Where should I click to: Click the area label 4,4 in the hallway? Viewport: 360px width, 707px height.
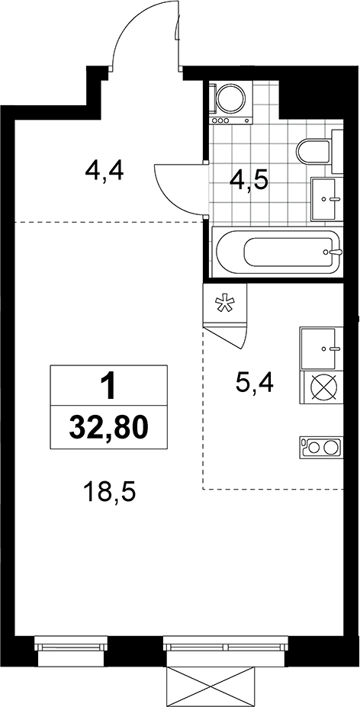tap(104, 172)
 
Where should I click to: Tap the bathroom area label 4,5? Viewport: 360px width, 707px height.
tap(249, 182)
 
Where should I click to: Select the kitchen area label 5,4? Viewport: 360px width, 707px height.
tap(255, 383)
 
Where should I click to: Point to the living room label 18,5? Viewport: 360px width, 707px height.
tap(110, 493)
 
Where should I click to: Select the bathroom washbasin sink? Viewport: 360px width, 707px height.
tap(324, 198)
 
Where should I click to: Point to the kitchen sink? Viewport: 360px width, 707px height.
tap(318, 349)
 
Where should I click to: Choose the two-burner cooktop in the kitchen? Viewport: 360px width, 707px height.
tap(318, 447)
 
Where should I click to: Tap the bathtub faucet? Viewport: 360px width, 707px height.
tap(335, 252)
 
